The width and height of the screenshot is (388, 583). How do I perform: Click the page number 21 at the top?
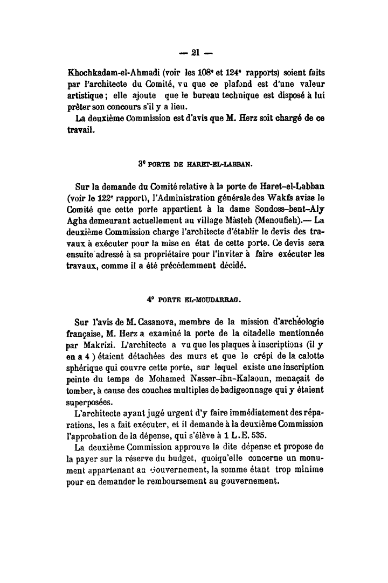click(195, 52)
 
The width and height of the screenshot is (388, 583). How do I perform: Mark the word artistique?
click(88, 94)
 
